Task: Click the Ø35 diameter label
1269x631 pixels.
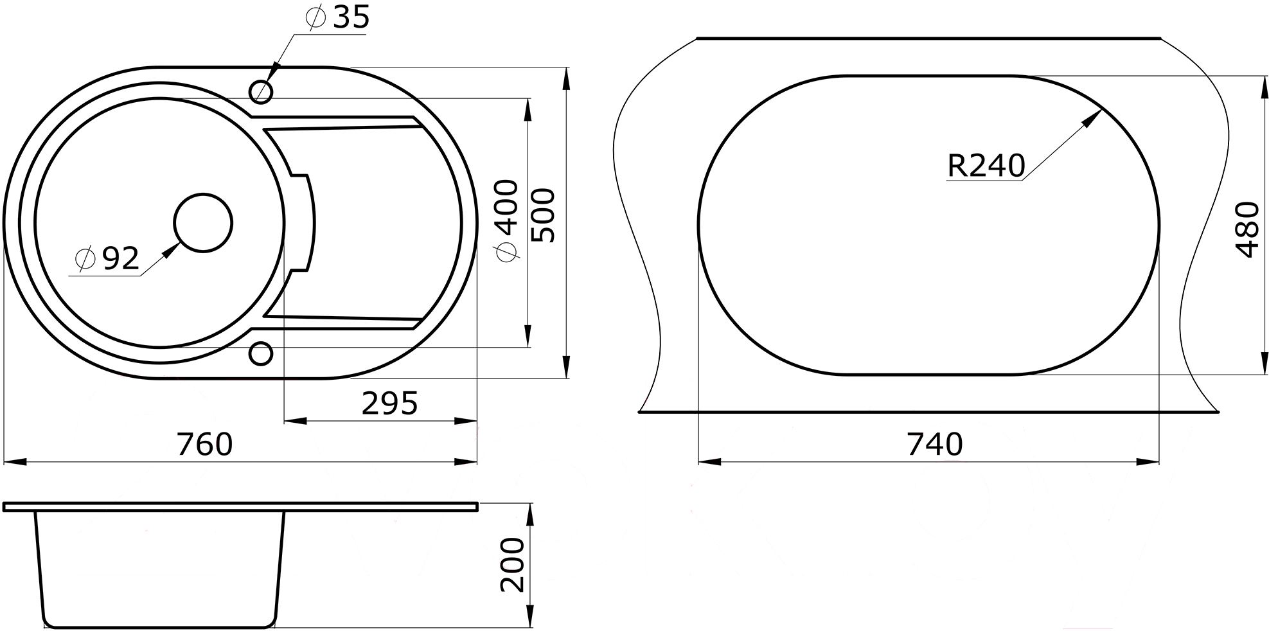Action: click(338, 17)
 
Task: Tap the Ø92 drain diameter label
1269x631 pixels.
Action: click(107, 258)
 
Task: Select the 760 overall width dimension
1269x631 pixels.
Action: click(205, 444)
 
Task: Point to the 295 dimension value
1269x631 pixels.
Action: click(390, 404)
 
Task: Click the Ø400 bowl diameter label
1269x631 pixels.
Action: click(508, 220)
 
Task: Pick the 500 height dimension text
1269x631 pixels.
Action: click(543, 215)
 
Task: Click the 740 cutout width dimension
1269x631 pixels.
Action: click(935, 444)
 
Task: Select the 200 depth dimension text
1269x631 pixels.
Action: click(513, 565)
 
